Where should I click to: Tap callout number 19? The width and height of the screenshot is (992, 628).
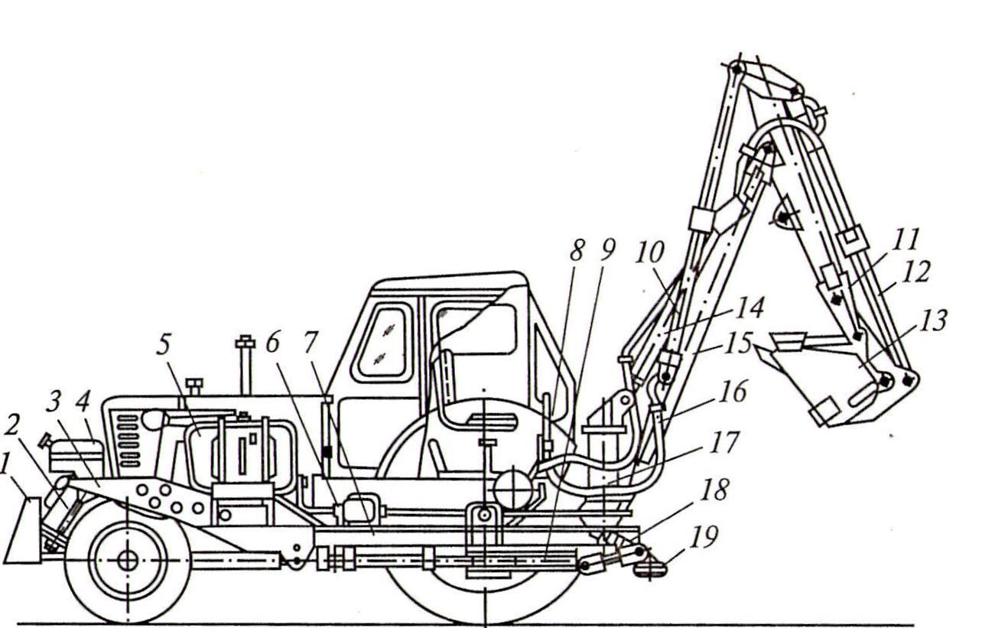pyautogui.click(x=705, y=538)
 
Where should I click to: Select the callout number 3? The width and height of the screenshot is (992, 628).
pyautogui.click(x=53, y=402)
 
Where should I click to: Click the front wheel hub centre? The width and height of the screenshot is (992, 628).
pyautogui.click(x=127, y=561)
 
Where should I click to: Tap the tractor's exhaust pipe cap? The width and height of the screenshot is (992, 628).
pyautogui.click(x=245, y=340)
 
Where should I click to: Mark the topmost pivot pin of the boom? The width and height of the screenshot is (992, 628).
pyautogui.click(x=737, y=70)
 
